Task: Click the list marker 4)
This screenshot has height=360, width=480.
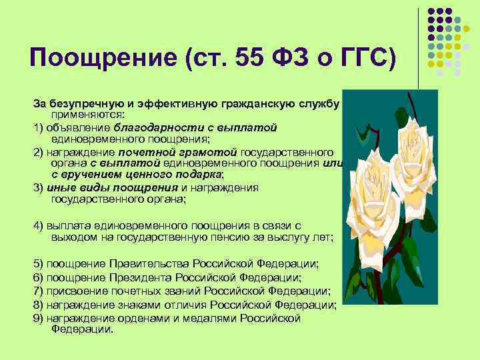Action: coord(40,226)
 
